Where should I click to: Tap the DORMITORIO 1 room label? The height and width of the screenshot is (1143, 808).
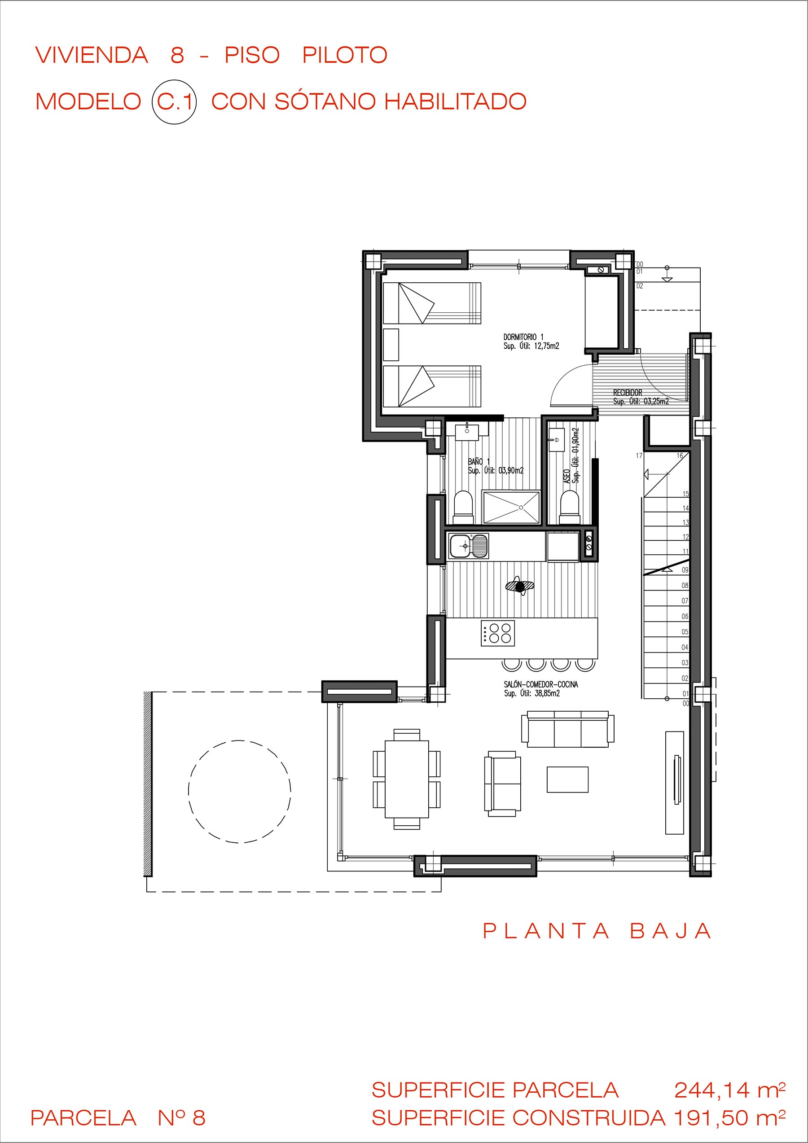click(523, 337)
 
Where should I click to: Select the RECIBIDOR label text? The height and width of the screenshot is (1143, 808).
click(627, 393)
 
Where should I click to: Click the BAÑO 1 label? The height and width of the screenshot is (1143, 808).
click(479, 462)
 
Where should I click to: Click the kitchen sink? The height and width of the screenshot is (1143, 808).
click(469, 546)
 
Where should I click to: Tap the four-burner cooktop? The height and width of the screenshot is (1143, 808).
click(498, 633)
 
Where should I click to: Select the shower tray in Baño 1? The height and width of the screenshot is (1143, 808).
click(511, 507)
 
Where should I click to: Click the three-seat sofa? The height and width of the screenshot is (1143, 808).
click(567, 729)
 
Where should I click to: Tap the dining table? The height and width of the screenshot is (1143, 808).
click(407, 779)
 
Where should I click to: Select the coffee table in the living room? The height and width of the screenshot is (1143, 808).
click(567, 780)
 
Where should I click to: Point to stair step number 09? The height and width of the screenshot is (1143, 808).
click(685, 570)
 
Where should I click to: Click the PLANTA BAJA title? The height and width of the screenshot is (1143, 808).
click(597, 931)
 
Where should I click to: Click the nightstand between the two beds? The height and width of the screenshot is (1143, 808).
click(391, 345)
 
